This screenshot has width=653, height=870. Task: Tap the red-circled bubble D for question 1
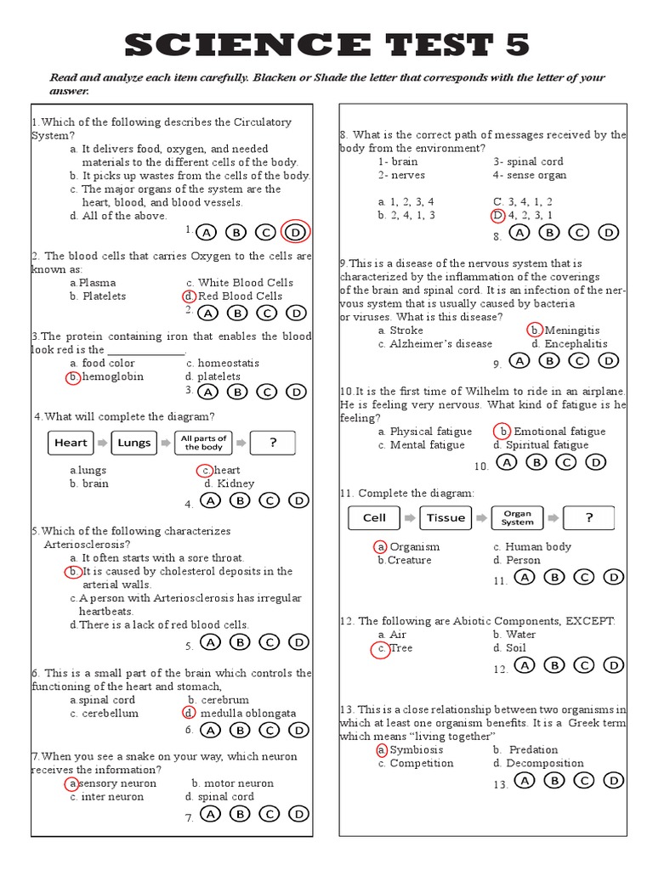pos(295,232)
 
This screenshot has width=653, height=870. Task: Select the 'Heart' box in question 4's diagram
pos(71,443)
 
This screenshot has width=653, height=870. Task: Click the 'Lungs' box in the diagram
pos(134,443)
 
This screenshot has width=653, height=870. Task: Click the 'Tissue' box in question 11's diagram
pos(446,517)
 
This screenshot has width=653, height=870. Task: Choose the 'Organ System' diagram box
pos(517,517)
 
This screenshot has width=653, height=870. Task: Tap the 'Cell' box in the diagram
pos(374,517)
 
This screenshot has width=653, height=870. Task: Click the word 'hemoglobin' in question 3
pos(111,376)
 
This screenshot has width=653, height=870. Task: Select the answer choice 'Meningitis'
pos(571,330)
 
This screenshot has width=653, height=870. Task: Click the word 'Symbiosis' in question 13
pos(417,750)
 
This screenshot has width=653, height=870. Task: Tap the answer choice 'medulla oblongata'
pos(248,714)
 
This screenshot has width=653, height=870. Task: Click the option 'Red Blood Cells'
pos(240,297)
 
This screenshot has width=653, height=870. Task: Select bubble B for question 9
pos(549,360)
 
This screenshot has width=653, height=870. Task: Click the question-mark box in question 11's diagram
pos(588,517)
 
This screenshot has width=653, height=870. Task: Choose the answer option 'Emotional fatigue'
pos(559,432)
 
